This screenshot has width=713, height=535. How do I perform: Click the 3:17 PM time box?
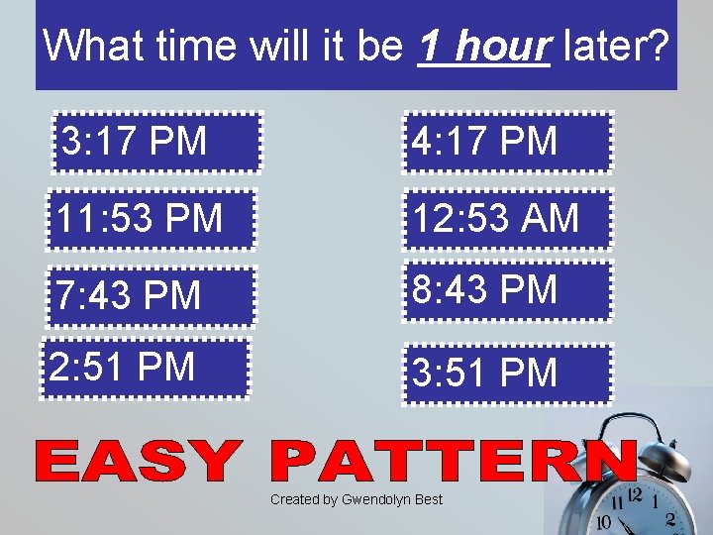tap(158, 142)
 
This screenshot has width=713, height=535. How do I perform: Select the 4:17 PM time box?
tap(507, 142)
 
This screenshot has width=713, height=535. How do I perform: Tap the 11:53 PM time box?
tap(153, 218)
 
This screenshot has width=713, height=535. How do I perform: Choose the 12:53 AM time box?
tap(507, 218)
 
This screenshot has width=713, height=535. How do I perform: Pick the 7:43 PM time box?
tap(153, 295)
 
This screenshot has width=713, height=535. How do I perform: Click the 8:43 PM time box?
tap(507, 290)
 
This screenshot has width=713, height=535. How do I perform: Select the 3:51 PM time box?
tap(507, 374)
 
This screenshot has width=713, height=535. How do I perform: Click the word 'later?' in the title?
tap(615, 45)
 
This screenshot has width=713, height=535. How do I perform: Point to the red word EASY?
tap(139, 462)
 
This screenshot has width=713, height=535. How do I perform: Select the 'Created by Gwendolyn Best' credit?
tap(356, 499)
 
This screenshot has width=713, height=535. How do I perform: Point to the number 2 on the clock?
tap(670, 518)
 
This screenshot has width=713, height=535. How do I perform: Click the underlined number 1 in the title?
tap(431, 45)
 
